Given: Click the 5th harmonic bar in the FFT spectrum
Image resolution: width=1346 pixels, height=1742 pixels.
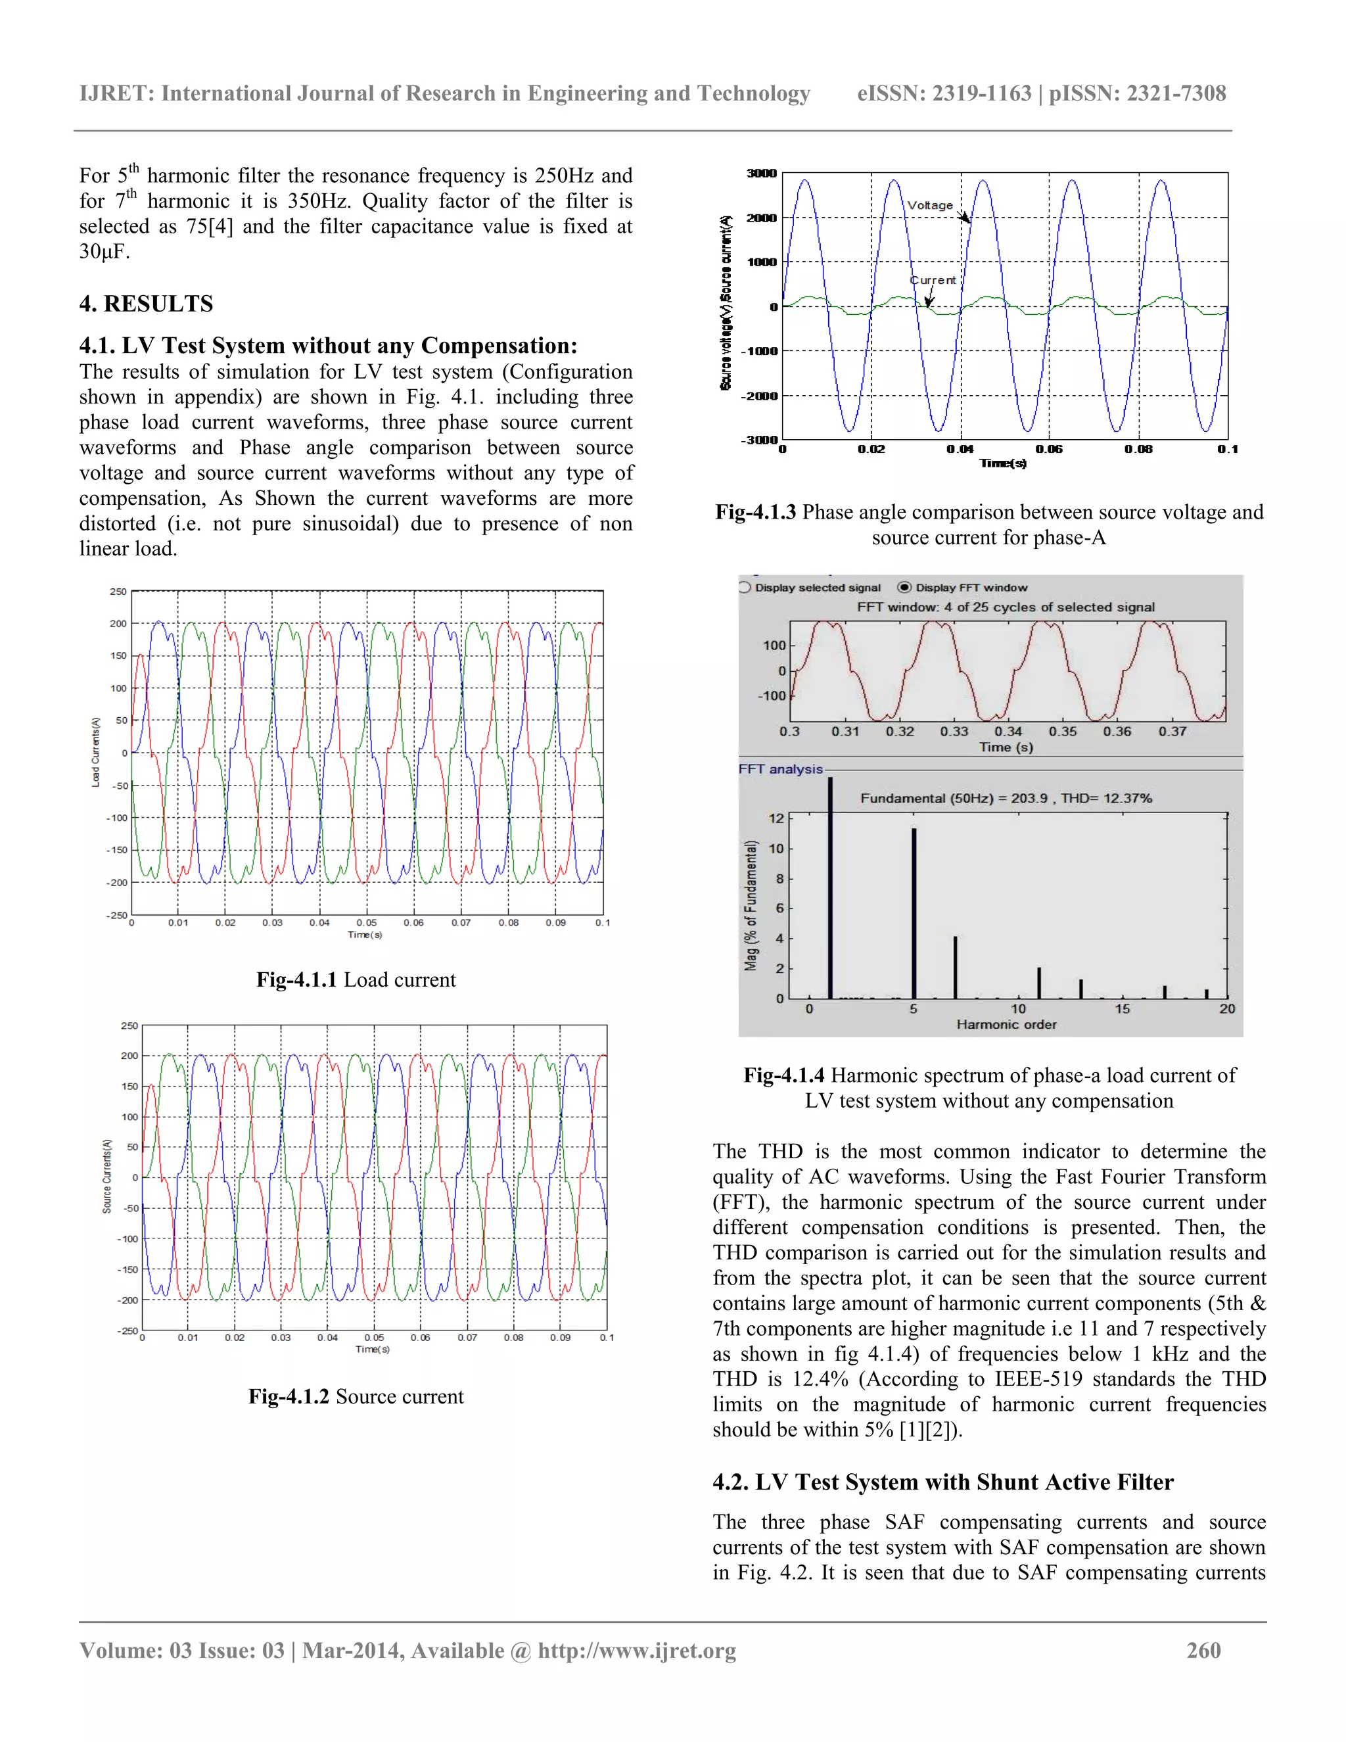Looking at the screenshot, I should point(914,913).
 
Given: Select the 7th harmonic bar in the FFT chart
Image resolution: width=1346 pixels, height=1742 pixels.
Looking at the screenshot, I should point(955,967).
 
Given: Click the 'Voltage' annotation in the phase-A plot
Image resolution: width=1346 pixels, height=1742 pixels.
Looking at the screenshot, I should point(930,205).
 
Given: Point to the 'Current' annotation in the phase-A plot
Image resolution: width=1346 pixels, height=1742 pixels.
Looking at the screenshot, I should point(933,280).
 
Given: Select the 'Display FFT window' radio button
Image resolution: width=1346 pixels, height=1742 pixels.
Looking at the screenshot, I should point(904,587).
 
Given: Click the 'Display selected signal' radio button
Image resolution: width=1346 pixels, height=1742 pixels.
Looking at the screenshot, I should point(745,587).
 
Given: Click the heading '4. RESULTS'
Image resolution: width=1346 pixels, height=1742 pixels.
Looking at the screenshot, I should point(146,304).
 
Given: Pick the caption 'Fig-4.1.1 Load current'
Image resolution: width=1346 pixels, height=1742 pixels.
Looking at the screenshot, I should point(356,979).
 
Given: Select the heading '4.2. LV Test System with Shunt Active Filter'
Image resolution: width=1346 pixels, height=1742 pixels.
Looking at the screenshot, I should point(942,1482).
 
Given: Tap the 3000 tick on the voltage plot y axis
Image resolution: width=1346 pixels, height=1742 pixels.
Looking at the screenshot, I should point(760,173).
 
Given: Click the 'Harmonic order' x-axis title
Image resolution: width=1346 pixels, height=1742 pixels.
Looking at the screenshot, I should point(1006,1024).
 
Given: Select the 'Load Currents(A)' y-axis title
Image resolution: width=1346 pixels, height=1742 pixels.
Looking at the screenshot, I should point(96,752).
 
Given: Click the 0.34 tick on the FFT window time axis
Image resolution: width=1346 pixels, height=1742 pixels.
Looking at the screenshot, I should point(1008,732).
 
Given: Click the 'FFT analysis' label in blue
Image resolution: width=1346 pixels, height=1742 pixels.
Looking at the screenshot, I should point(781,769).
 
